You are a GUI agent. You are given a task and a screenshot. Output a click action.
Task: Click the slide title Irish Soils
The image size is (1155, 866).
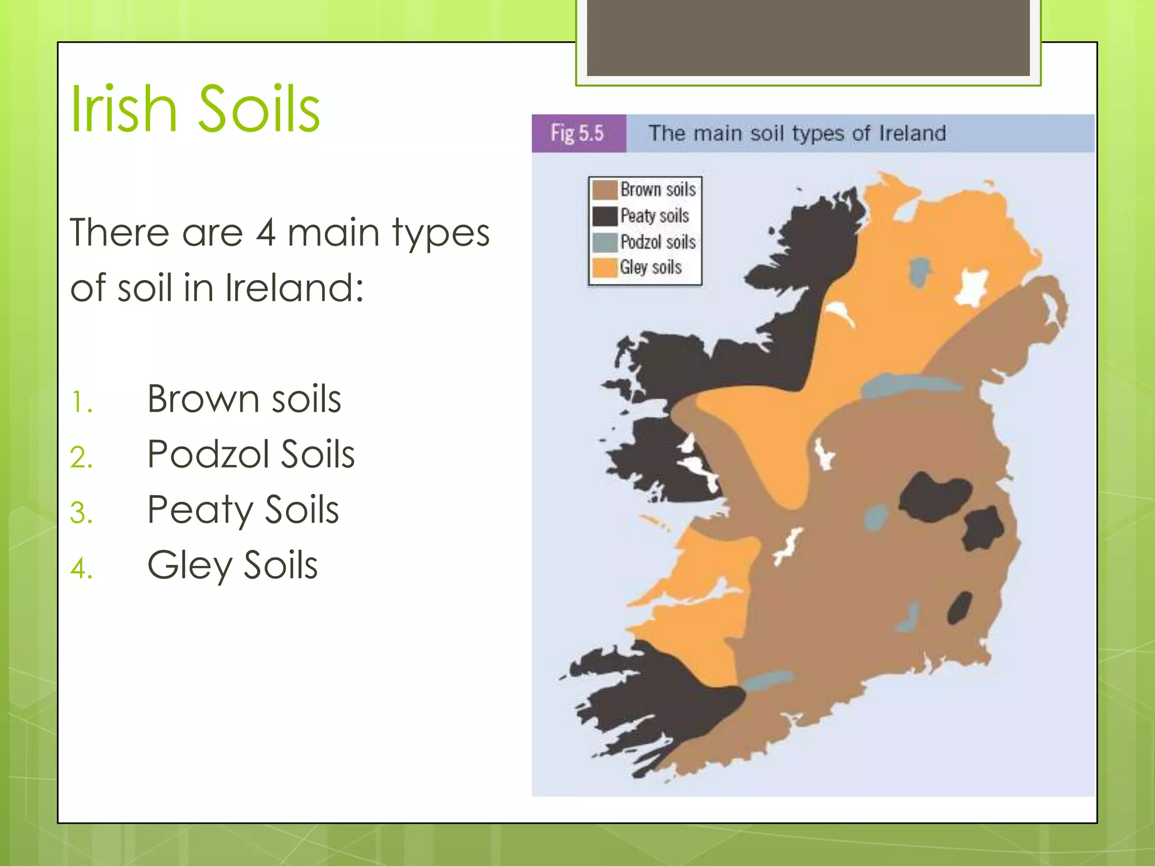pyautogui.click(x=195, y=108)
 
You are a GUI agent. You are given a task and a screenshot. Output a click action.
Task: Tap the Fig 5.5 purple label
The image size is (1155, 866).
pyautogui.click(x=578, y=133)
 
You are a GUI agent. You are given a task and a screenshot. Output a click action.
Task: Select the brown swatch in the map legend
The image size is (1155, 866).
pyautogui.click(x=605, y=190)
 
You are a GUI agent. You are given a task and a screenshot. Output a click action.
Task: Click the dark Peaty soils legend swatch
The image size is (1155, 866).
pyautogui.click(x=605, y=216)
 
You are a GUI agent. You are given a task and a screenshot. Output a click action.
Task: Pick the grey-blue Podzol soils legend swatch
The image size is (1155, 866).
pyautogui.click(x=605, y=242)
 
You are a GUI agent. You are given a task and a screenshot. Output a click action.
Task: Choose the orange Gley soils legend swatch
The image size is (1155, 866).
pyautogui.click(x=605, y=267)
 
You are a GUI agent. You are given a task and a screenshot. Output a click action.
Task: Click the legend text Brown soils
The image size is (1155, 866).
pyautogui.click(x=658, y=189)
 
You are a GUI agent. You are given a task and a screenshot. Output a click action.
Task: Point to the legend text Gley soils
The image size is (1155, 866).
pyautogui.click(x=651, y=267)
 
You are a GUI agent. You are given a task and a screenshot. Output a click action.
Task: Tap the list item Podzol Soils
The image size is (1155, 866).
pyautogui.click(x=250, y=454)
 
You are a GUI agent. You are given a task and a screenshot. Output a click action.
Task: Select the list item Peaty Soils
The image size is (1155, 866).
pyautogui.click(x=243, y=510)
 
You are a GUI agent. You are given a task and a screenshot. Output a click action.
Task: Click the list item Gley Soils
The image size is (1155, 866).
pyautogui.click(x=232, y=565)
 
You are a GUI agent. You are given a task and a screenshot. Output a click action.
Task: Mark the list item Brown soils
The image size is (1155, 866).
pyautogui.click(x=244, y=399)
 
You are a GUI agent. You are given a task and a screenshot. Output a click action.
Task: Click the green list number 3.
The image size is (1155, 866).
pyautogui.click(x=81, y=513)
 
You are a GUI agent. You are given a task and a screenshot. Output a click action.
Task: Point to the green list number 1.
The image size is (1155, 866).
pyautogui.click(x=81, y=403)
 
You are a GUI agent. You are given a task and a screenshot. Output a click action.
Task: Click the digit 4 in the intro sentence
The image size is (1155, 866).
pyautogui.click(x=266, y=232)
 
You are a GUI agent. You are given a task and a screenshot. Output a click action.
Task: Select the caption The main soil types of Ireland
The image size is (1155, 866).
pyautogui.click(x=797, y=134)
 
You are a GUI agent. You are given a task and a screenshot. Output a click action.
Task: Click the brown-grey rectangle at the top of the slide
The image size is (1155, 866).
pyautogui.click(x=808, y=37)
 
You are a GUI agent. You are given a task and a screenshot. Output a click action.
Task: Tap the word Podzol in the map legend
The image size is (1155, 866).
pyautogui.click(x=638, y=242)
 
